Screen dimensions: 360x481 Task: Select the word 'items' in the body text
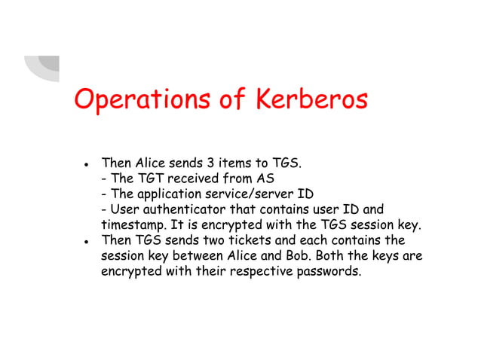[x=238, y=163]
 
